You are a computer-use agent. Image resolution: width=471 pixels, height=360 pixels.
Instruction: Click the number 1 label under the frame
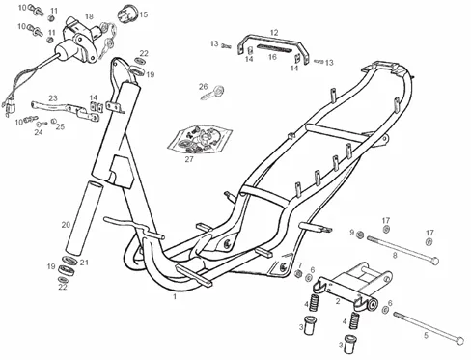(175, 296)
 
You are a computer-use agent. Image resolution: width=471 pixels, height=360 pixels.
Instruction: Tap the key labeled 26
(213, 92)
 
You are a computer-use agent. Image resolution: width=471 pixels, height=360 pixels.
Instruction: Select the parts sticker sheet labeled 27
(200, 139)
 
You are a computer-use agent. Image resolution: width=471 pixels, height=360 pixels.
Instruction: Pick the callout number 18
(89, 16)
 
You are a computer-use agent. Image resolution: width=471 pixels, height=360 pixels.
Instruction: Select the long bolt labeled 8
(402, 250)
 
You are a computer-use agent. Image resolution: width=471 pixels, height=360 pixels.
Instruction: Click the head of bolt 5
(460, 340)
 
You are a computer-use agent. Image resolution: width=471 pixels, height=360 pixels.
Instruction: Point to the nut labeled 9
(361, 235)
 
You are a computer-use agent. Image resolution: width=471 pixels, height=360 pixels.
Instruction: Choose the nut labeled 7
(298, 274)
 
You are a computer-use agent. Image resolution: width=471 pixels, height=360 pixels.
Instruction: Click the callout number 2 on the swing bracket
(338, 301)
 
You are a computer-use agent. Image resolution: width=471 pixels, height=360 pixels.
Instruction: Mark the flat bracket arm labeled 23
(66, 109)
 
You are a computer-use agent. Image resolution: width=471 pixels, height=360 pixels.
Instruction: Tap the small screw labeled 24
(42, 124)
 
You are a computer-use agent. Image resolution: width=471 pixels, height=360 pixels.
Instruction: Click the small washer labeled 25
(54, 121)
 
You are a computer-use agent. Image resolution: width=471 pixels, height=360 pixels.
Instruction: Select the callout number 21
(84, 263)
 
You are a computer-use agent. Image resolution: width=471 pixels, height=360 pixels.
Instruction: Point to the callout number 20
(66, 225)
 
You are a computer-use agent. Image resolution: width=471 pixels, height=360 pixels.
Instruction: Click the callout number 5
(426, 336)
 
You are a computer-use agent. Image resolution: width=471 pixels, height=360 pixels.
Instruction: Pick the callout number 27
(189, 159)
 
